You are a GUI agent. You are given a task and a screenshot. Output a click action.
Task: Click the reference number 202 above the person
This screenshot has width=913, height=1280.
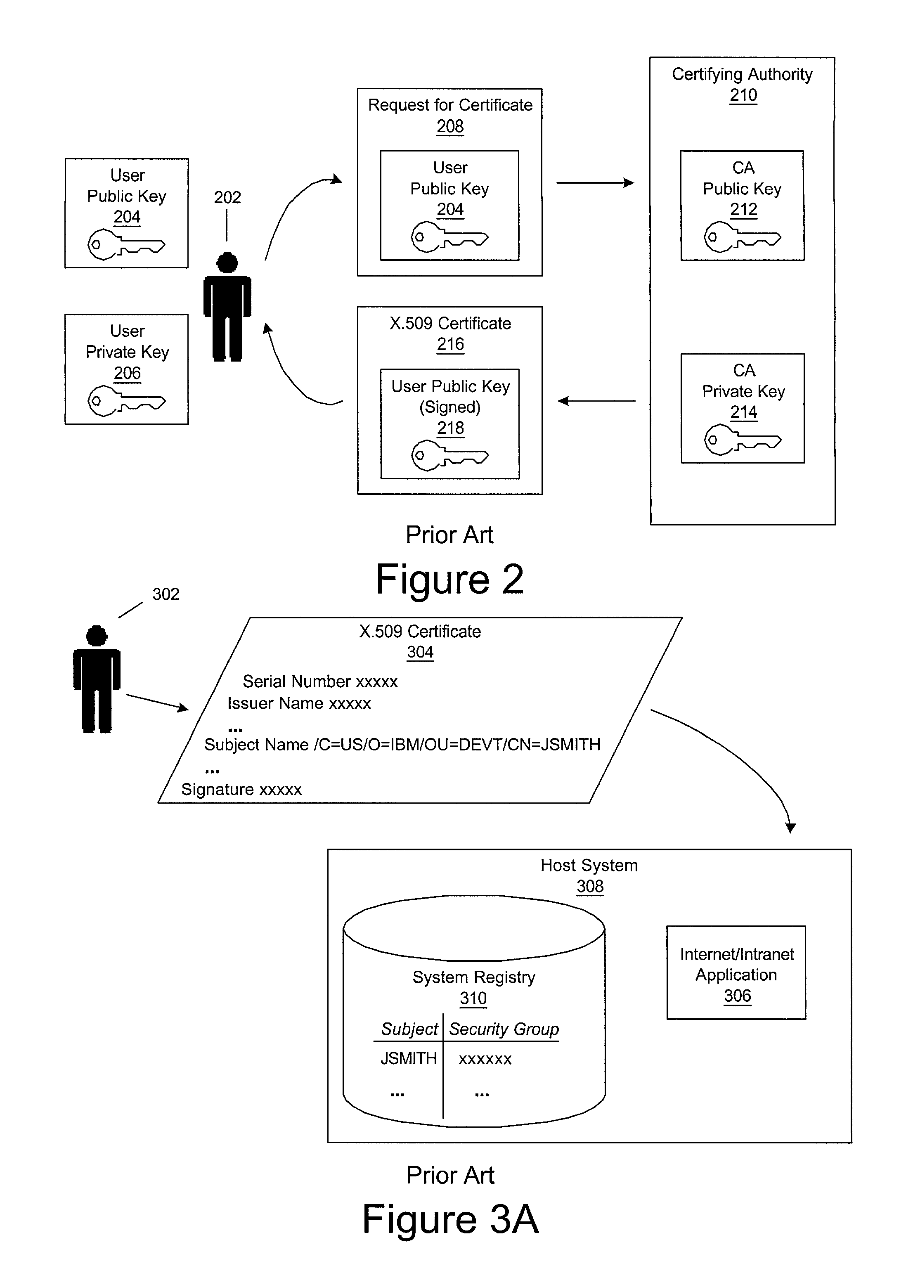[227, 197]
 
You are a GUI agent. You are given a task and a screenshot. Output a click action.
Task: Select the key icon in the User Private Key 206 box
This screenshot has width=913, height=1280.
[126, 401]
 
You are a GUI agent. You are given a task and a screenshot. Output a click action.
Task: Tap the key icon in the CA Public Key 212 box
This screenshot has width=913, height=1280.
[742, 237]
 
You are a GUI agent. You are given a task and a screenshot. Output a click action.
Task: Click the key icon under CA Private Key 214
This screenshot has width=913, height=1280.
[742, 440]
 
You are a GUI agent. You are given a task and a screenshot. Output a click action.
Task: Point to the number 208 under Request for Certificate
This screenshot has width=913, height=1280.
[450, 126]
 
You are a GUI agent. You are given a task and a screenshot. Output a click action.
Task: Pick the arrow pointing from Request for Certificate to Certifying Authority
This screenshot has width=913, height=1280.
[595, 183]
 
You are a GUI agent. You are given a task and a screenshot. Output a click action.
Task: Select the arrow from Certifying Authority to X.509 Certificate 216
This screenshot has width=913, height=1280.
[596, 401]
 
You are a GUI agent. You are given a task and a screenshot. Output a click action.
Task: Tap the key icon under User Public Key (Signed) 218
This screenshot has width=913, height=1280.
[450, 455]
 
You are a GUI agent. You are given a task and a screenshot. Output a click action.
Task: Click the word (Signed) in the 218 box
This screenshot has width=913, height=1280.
[450, 407]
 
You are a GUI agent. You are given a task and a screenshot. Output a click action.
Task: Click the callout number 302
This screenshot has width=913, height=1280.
[166, 594]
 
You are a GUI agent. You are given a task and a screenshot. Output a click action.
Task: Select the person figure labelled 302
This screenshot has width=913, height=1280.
[97, 679]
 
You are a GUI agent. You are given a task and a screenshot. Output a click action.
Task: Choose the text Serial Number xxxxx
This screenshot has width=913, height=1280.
[320, 681]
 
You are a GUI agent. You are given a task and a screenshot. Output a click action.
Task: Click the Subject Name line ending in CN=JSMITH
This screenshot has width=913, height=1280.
[402, 744]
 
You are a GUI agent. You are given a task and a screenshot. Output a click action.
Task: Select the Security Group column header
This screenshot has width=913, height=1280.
[504, 1029]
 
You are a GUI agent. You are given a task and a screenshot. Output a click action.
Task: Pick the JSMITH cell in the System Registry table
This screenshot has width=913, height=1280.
[408, 1058]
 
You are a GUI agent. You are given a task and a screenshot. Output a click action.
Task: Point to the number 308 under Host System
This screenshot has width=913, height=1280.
[590, 887]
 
